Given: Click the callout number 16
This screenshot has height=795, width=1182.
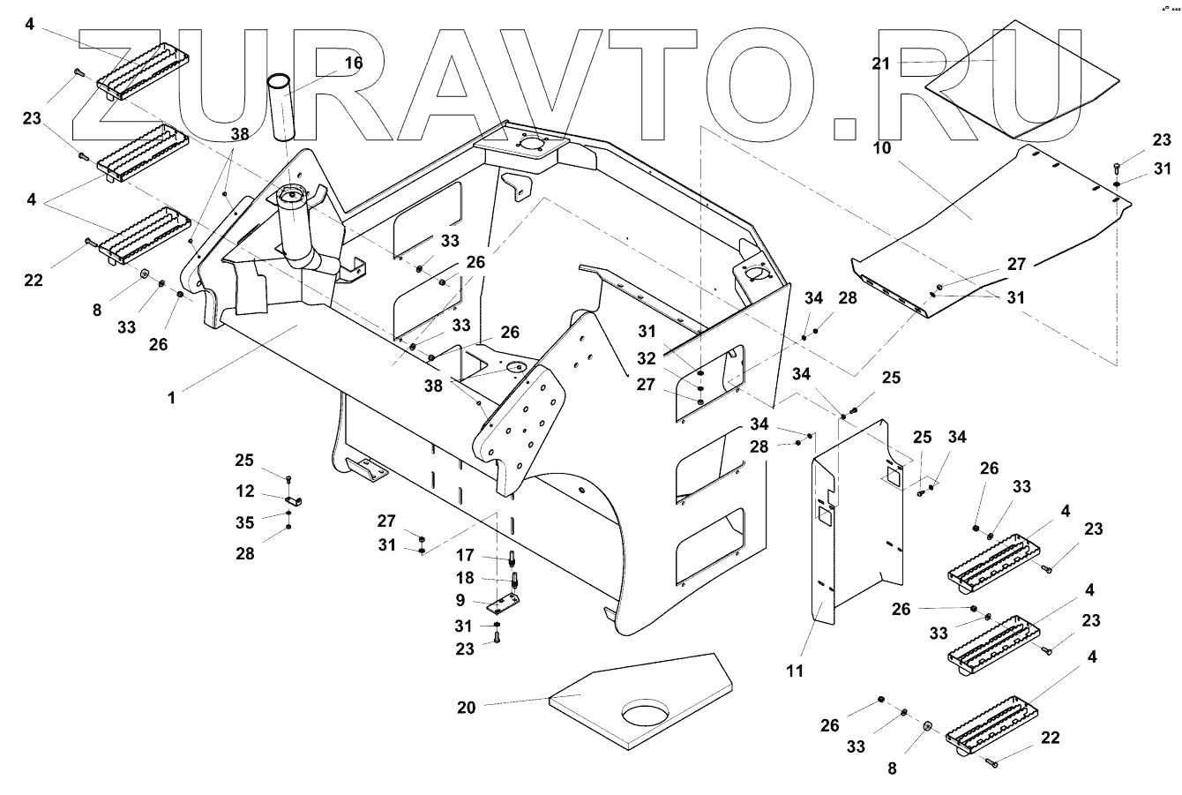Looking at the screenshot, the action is pos(354,64).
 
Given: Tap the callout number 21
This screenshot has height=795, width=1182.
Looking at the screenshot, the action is pos(880,64).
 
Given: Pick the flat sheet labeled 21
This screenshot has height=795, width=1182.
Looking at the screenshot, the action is pos(1022,79).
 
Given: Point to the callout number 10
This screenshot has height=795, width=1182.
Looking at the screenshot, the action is pos(881,148).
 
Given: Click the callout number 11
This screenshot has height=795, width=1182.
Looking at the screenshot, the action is pos(795,671).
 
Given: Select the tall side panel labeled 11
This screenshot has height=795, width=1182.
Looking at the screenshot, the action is pos(858,522).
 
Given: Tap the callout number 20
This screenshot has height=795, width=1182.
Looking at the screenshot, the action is pos(467,708).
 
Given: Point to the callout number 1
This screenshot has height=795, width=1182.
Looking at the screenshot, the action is pos(171,398).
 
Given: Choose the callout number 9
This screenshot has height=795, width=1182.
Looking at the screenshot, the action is pos(460,600).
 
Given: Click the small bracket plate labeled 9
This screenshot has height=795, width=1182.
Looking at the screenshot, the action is pos(504,603).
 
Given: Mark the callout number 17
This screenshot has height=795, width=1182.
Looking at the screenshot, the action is pos(465,555).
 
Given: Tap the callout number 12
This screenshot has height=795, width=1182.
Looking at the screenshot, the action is pos(245,491).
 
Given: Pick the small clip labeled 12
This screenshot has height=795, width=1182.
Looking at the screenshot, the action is pos(294,500).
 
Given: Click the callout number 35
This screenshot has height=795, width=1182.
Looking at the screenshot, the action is pos(245,522).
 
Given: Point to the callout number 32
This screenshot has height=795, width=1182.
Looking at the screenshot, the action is pos(647,359).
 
